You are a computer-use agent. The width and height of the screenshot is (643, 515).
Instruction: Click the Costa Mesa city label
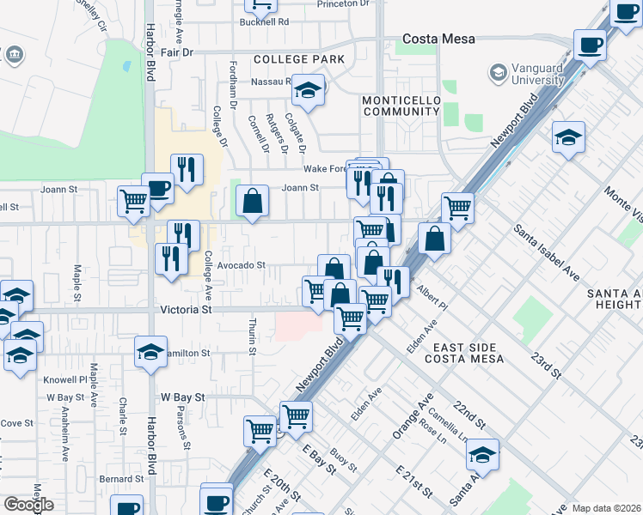tap(439, 39)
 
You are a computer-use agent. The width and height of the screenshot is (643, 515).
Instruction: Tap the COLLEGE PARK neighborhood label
tap(298, 59)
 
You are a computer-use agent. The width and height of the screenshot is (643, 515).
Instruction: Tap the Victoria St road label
tap(186, 309)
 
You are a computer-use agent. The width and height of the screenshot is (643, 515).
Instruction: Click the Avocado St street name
tap(241, 266)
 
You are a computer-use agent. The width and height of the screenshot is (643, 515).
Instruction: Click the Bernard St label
tap(119, 478)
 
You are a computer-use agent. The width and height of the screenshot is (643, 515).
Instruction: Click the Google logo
tap(28, 505)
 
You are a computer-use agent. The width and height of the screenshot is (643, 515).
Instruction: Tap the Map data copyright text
tap(607, 508)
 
